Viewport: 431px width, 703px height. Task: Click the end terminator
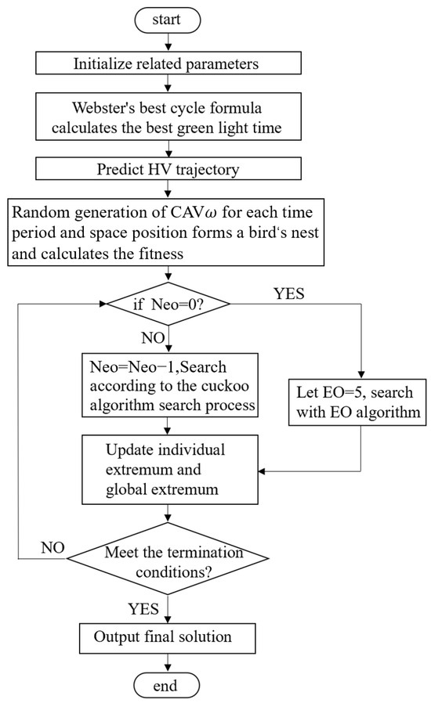167,687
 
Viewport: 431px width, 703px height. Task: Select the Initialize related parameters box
168,62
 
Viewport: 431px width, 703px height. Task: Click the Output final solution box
167,639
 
